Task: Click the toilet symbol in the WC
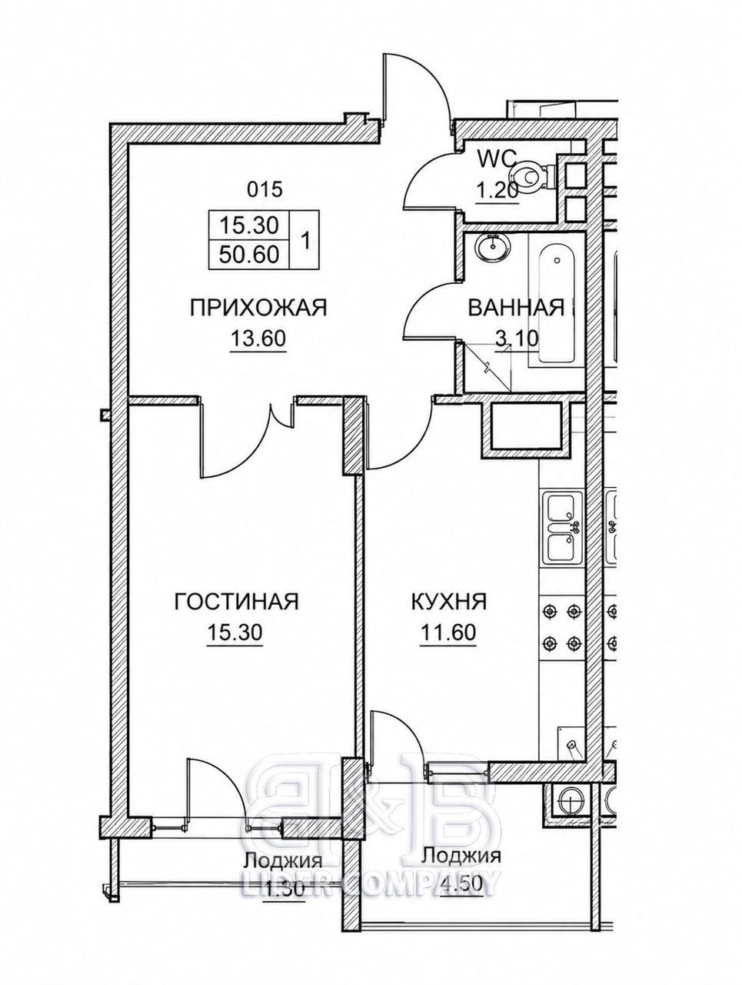[x=534, y=176]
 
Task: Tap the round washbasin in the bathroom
[x=493, y=246]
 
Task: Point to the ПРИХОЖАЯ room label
[x=258, y=309]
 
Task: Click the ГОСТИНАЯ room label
[x=236, y=602]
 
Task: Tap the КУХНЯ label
[x=449, y=602]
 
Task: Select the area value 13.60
[x=258, y=339]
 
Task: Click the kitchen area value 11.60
[x=448, y=632]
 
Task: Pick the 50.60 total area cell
[x=249, y=255]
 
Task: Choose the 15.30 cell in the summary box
[x=249, y=225]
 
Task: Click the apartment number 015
[x=265, y=189]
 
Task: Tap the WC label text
[x=497, y=159]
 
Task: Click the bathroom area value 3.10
[x=516, y=339]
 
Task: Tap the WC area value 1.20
[x=497, y=190]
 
